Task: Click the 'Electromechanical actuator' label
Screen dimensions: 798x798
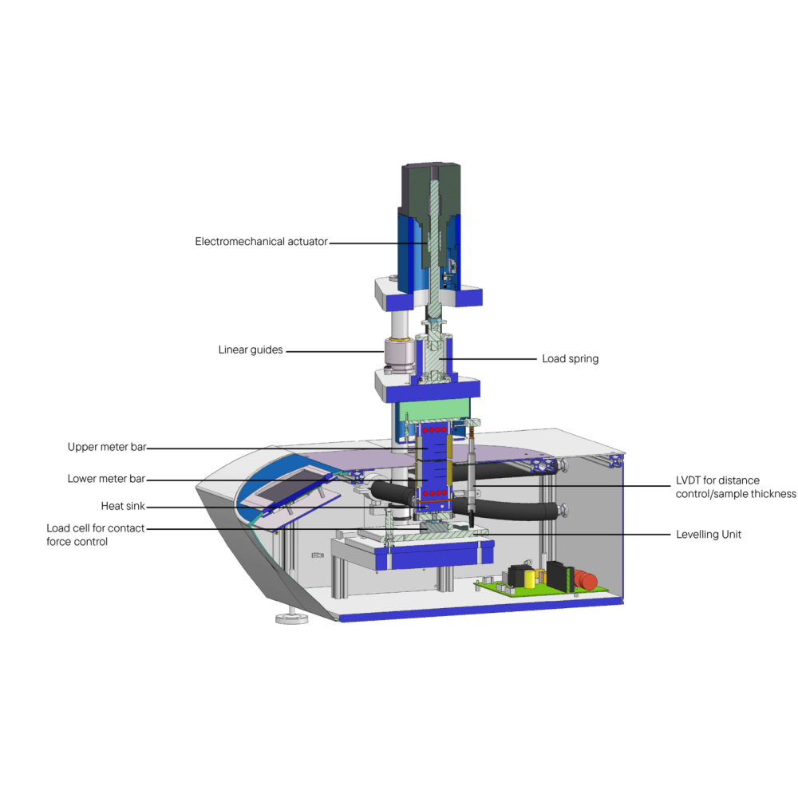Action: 261,242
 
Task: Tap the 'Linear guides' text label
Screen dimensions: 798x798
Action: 251,350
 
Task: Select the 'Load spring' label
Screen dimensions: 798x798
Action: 570,359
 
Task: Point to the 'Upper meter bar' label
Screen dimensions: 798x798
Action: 107,447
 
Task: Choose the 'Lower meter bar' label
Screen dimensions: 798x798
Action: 106,479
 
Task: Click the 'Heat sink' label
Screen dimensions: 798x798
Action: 123,506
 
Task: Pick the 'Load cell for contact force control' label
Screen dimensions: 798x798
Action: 95,535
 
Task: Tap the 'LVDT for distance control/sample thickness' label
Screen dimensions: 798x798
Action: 736,487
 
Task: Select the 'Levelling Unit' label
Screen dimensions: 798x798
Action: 709,535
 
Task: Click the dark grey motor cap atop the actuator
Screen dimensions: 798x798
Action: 431,189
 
